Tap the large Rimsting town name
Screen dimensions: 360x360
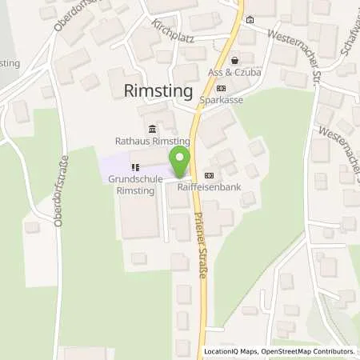coord(159,91)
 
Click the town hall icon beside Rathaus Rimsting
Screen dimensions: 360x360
coord(151,130)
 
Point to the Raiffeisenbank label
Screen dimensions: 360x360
coord(210,189)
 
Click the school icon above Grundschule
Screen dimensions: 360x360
coord(135,168)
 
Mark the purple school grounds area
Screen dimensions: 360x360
coord(112,164)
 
